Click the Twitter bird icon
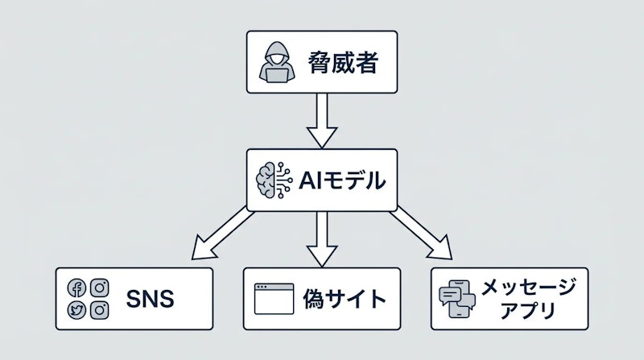click(x=78, y=309)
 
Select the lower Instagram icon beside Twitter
click(x=100, y=309)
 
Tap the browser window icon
click(x=272, y=300)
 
